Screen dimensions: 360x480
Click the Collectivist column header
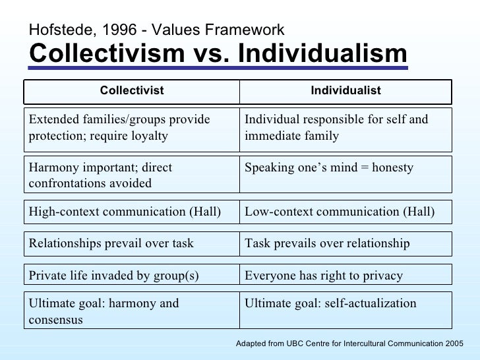[131, 91]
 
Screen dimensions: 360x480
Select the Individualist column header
[345, 91]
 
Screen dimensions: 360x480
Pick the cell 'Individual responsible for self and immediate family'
[345, 129]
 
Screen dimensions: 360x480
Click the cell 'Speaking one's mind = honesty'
[345, 168]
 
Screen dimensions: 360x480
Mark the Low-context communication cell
[345, 212]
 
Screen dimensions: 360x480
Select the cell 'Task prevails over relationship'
[345, 244]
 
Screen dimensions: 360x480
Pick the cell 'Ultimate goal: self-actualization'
[345, 304]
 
